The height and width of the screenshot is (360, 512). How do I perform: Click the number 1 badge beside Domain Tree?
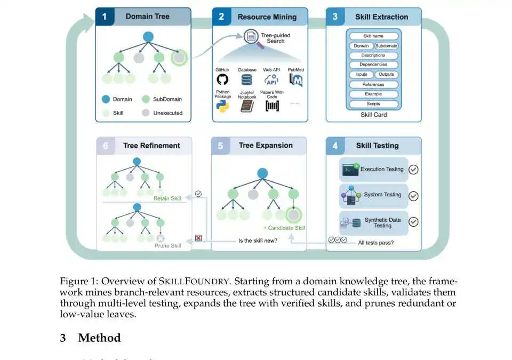click(105, 17)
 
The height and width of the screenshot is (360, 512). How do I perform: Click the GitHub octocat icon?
click(222, 79)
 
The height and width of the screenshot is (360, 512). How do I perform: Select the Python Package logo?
click(222, 106)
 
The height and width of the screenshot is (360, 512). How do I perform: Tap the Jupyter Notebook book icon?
click(246, 106)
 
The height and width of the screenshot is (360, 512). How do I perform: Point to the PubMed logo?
click(296, 79)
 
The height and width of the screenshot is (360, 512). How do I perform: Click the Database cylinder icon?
click(246, 79)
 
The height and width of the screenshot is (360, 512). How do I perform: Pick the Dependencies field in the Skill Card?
click(373, 65)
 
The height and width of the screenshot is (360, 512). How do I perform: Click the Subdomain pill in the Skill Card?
click(386, 46)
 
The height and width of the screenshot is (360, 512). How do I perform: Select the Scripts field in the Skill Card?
click(373, 104)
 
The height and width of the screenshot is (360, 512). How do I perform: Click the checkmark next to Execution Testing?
click(413, 170)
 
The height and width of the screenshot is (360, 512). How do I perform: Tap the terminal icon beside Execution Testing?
click(350, 170)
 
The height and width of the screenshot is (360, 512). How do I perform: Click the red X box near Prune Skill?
click(198, 238)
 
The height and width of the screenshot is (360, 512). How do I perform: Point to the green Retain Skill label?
click(167, 198)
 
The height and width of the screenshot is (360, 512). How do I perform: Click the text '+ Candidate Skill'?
click(284, 228)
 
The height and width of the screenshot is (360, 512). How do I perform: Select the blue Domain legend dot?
click(106, 99)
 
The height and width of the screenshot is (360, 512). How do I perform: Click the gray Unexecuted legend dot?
click(146, 113)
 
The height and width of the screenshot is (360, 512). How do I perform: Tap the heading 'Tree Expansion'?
click(266, 146)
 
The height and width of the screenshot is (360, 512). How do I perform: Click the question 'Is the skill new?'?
click(258, 241)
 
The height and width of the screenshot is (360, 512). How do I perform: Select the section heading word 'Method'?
click(99, 338)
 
